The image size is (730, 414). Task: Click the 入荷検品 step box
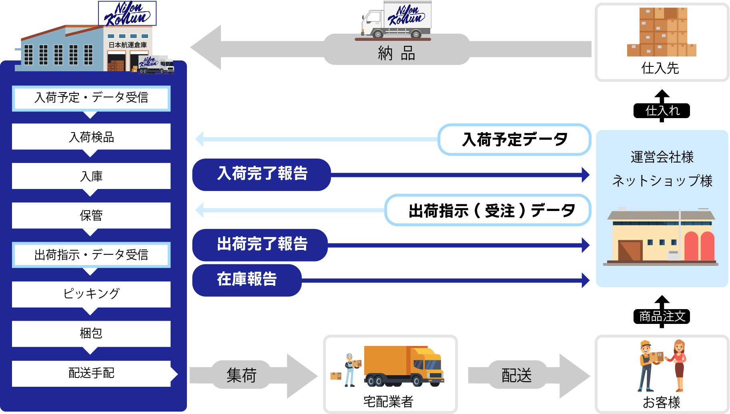pyautogui.click(x=91, y=137)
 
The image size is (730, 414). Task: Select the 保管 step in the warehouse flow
pyautogui.click(x=91, y=215)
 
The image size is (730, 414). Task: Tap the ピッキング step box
pyautogui.click(x=91, y=294)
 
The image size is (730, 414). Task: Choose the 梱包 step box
pyautogui.click(x=91, y=333)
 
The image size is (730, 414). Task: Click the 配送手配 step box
pyautogui.click(x=91, y=373)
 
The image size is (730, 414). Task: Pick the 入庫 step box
pyautogui.click(x=91, y=176)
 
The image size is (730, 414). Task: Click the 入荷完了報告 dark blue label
pyautogui.click(x=262, y=174)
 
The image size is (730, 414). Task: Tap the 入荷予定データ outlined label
pyautogui.click(x=514, y=140)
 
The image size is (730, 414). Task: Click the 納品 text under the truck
pyautogui.click(x=396, y=53)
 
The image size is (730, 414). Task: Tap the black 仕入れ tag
pyautogui.click(x=662, y=111)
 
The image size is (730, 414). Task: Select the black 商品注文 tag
pyautogui.click(x=662, y=316)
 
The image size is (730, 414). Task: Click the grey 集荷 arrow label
pyautogui.click(x=241, y=375)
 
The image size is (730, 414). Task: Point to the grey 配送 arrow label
pyautogui.click(x=516, y=375)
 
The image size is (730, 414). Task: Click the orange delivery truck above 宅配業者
pyautogui.click(x=403, y=366)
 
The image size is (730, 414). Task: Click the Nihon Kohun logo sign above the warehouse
pyautogui.click(x=127, y=14)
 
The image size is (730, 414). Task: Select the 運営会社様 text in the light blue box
pyautogui.click(x=662, y=157)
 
